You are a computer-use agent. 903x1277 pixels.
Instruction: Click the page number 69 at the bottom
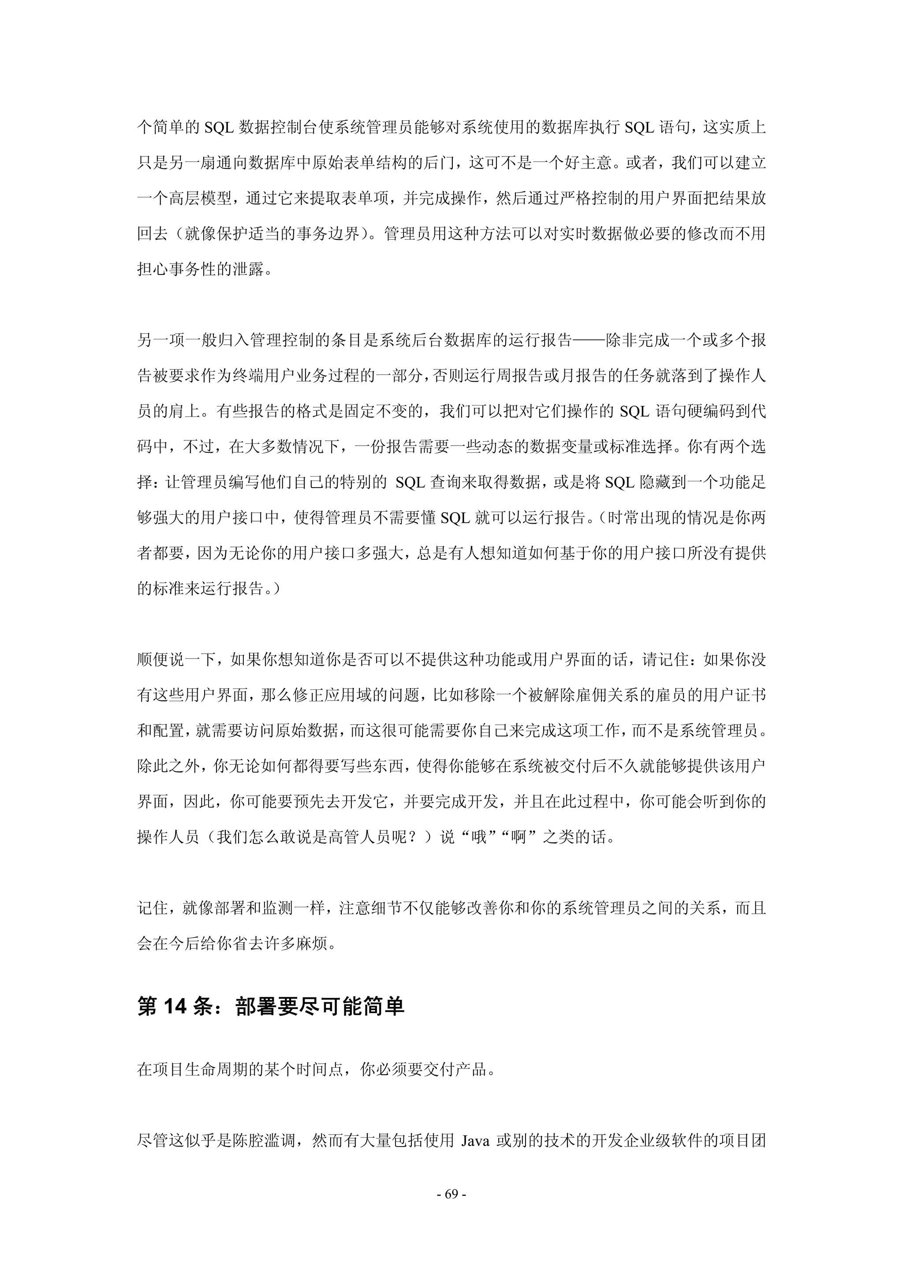(x=451, y=1194)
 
